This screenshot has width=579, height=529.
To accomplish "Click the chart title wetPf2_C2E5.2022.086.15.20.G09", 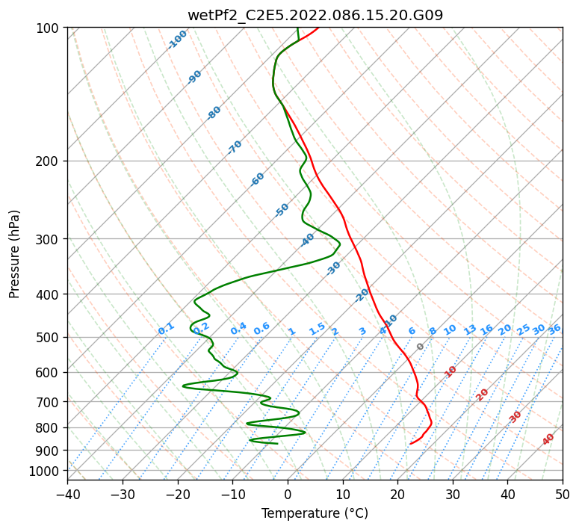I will [315, 14].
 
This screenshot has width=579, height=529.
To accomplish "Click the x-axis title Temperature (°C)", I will [315, 513].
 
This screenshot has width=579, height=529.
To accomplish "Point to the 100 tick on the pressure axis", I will [49, 28].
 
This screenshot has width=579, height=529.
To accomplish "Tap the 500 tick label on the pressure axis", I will [49, 337].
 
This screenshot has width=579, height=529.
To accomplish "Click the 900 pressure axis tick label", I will [49, 450].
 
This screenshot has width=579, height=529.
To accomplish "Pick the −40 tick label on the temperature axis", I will [67, 494].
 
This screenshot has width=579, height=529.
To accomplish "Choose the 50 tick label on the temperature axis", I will [563, 494].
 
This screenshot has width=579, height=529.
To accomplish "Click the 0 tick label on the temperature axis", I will [288, 494].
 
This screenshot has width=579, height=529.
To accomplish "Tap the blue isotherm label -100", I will [177, 40].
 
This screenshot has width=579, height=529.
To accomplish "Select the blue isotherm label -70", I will [235, 147].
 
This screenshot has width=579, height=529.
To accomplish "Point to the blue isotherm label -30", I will [333, 268].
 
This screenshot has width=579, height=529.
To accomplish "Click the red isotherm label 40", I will [548, 440].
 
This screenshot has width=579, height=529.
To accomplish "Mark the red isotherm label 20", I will [483, 395].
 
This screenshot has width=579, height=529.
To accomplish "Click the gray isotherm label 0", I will [421, 347].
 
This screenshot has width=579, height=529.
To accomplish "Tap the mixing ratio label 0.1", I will [166, 328].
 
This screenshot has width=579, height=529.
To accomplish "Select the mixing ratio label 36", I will [554, 329].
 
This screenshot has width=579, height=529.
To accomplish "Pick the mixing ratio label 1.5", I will [317, 328].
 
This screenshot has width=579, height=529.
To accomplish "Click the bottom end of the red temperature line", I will [410, 444].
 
